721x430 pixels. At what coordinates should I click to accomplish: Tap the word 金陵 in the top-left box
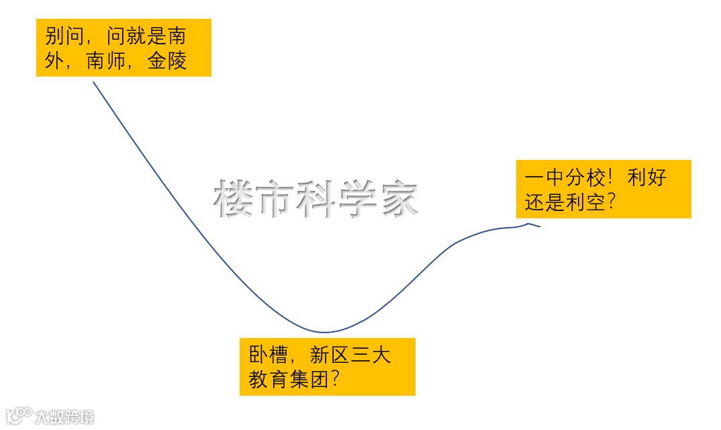[x=168, y=61]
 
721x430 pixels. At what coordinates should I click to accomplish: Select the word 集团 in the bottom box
[x=310, y=380]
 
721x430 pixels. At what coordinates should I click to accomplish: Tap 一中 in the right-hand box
[x=545, y=177]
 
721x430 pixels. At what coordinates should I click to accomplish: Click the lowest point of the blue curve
[x=325, y=332]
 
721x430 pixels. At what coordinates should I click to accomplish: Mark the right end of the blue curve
[x=539, y=226]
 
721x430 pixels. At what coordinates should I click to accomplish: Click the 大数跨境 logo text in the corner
[x=64, y=417]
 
